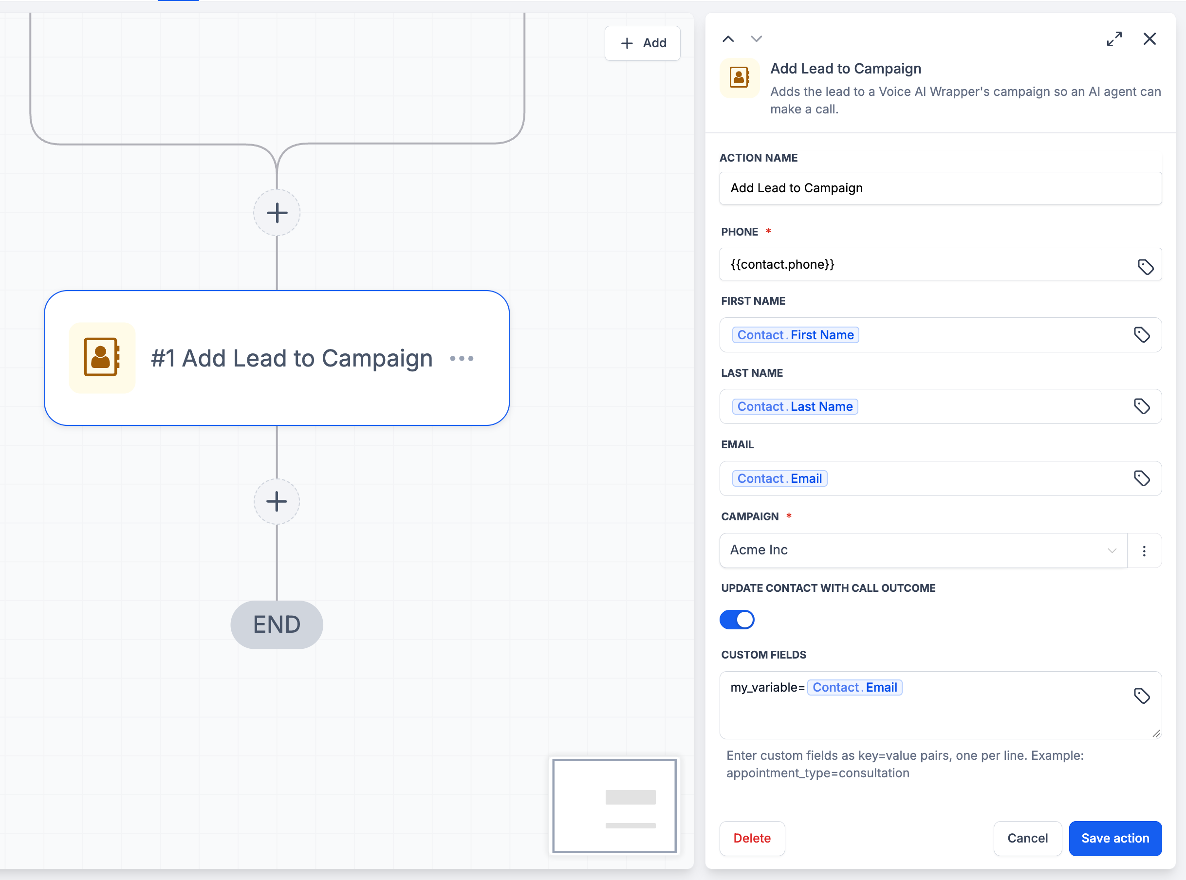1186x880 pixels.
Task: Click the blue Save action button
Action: tap(1114, 838)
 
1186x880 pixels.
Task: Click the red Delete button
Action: tap(752, 838)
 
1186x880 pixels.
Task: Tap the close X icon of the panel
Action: tap(1149, 39)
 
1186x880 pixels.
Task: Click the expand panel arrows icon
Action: tap(1114, 39)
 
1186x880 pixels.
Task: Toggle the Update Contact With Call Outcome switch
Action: tap(737, 620)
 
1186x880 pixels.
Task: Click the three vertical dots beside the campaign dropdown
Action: tap(1144, 551)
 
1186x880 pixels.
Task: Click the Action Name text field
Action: tap(941, 188)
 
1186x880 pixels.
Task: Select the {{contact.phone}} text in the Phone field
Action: tap(782, 264)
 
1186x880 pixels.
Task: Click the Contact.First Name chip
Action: tap(796, 335)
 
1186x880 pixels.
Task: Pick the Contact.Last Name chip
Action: tap(795, 406)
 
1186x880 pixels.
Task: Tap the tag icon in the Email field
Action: tap(1141, 478)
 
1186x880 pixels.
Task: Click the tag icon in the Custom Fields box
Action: tap(1141, 696)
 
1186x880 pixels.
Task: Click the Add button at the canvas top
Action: tap(643, 43)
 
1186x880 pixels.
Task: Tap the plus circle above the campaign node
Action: tap(277, 213)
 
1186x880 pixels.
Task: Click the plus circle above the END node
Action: tap(277, 501)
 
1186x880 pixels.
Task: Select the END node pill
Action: tap(277, 624)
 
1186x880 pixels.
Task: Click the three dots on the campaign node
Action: tap(462, 359)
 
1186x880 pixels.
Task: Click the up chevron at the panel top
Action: tap(728, 39)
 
